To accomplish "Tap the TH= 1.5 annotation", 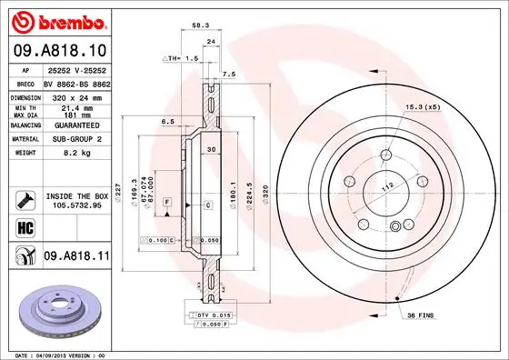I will pyautogui.click(x=181, y=57).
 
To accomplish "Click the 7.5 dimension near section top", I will pyautogui.click(x=229, y=73).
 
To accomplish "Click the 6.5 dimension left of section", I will pyautogui.click(x=168, y=120).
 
